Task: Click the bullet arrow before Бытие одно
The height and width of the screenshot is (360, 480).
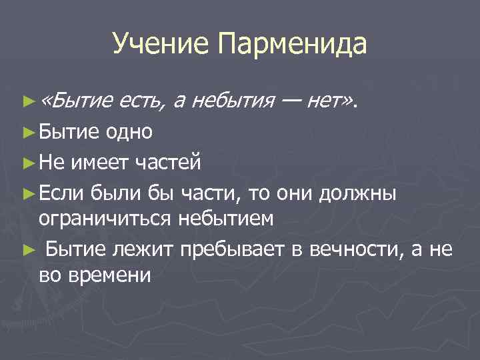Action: coord(27,132)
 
